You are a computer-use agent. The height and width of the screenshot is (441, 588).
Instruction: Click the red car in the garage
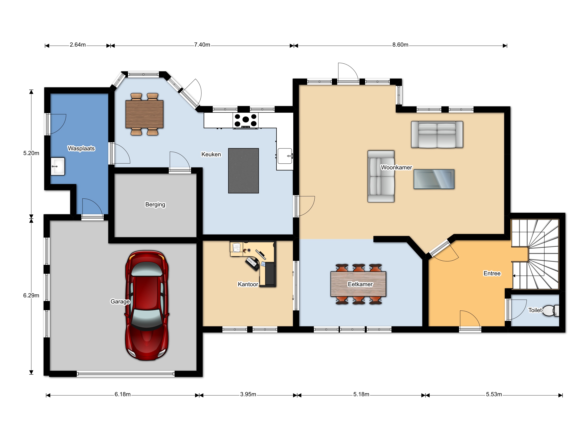[147, 305]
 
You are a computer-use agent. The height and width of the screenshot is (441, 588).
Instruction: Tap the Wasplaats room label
[81, 148]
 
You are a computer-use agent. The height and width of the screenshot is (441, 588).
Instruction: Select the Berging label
[155, 204]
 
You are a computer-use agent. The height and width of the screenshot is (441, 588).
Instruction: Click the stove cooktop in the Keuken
[245, 120]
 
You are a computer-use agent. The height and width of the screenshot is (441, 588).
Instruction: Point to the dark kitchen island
[243, 171]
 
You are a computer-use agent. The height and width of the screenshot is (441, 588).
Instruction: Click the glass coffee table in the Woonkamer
[434, 179]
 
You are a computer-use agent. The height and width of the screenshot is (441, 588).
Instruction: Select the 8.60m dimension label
[400, 45]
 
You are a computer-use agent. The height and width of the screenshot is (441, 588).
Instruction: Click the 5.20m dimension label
[31, 153]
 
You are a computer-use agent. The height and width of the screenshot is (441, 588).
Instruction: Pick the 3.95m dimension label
[248, 394]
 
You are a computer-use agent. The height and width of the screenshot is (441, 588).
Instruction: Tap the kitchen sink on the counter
[285, 156]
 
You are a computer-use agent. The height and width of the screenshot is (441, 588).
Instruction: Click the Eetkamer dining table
[358, 284]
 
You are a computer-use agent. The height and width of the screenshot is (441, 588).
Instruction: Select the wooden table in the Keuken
[144, 114]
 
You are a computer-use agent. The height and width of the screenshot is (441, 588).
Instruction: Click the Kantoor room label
[248, 284]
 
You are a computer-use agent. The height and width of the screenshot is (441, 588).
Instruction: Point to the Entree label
[492, 273]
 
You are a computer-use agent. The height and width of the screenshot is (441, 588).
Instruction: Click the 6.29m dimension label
[31, 295]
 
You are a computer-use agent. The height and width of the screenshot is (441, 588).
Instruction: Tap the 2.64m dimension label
[78, 45]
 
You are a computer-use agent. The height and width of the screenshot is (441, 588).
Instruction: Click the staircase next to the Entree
[535, 254]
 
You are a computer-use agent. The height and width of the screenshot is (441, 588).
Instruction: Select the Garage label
[120, 301]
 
